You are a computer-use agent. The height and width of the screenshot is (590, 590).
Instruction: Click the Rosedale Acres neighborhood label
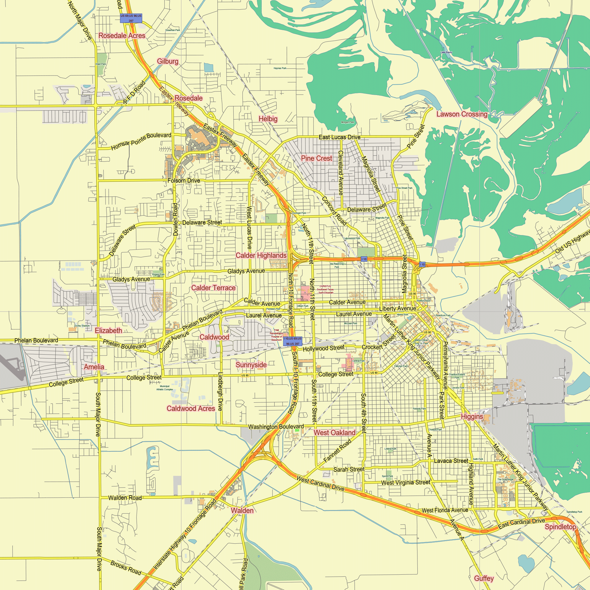(122, 36)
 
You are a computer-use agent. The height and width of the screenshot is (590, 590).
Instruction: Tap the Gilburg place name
(167, 61)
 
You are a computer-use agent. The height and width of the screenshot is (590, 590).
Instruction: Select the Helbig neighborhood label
(268, 119)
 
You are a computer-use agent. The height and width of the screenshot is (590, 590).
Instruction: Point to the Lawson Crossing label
(461, 114)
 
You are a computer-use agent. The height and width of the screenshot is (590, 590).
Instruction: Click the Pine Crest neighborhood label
(316, 158)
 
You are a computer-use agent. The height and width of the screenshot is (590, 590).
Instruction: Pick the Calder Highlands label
(261, 255)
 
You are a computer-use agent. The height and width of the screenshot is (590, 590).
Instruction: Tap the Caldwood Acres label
(191, 408)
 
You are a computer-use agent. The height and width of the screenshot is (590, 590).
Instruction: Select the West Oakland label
(335, 432)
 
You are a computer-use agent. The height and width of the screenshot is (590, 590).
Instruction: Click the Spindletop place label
(560, 527)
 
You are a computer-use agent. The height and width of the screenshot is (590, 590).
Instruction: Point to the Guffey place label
(484, 578)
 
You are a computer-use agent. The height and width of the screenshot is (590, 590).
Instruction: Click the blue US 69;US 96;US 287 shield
(131, 18)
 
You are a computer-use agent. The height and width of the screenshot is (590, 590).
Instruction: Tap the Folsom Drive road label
(183, 181)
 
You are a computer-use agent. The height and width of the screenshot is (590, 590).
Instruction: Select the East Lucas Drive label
(339, 137)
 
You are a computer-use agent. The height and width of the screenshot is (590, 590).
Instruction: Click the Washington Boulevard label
(276, 427)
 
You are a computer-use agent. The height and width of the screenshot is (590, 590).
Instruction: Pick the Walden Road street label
(125, 498)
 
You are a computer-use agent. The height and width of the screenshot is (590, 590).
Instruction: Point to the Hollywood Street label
(323, 348)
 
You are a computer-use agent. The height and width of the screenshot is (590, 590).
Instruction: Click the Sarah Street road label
(349, 469)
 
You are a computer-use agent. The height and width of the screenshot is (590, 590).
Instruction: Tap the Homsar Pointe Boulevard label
(141, 141)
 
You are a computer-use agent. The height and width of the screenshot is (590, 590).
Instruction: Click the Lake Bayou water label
(446, 52)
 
